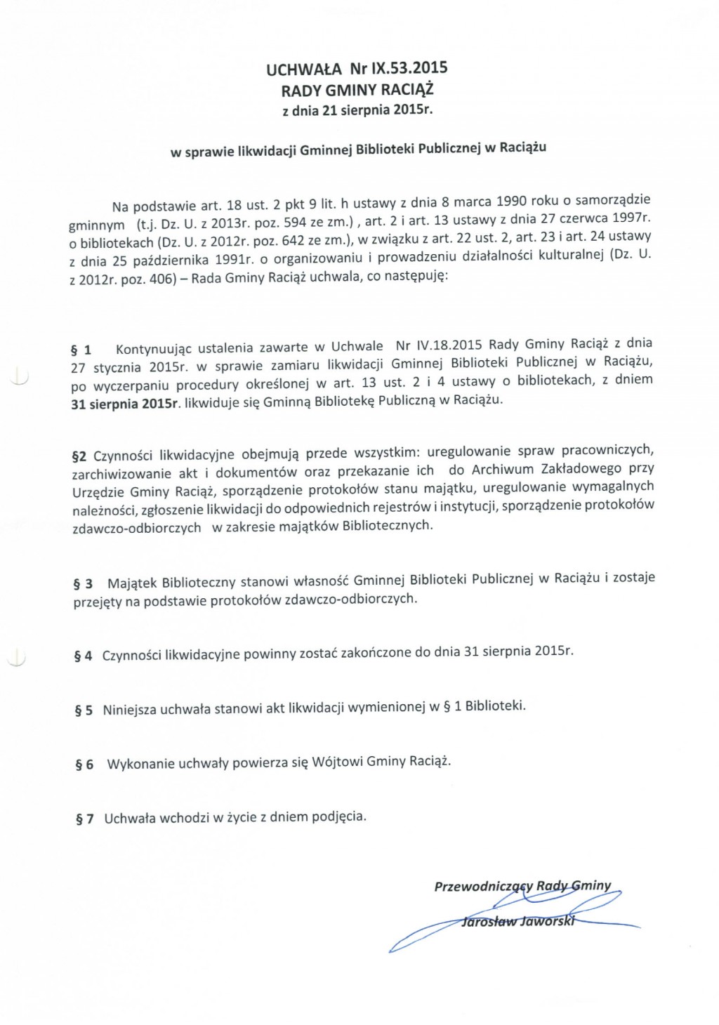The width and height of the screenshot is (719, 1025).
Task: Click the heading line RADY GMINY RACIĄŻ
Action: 357,90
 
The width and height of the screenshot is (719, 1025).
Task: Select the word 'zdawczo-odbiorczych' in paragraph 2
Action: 136,528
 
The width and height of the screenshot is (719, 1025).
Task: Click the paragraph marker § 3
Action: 83,583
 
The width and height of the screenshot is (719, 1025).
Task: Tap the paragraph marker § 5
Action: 84,710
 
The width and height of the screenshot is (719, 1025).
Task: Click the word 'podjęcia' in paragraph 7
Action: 342,816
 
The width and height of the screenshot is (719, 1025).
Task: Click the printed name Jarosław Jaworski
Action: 517,921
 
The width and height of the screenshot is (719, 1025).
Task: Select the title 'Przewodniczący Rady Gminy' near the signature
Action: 522,886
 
